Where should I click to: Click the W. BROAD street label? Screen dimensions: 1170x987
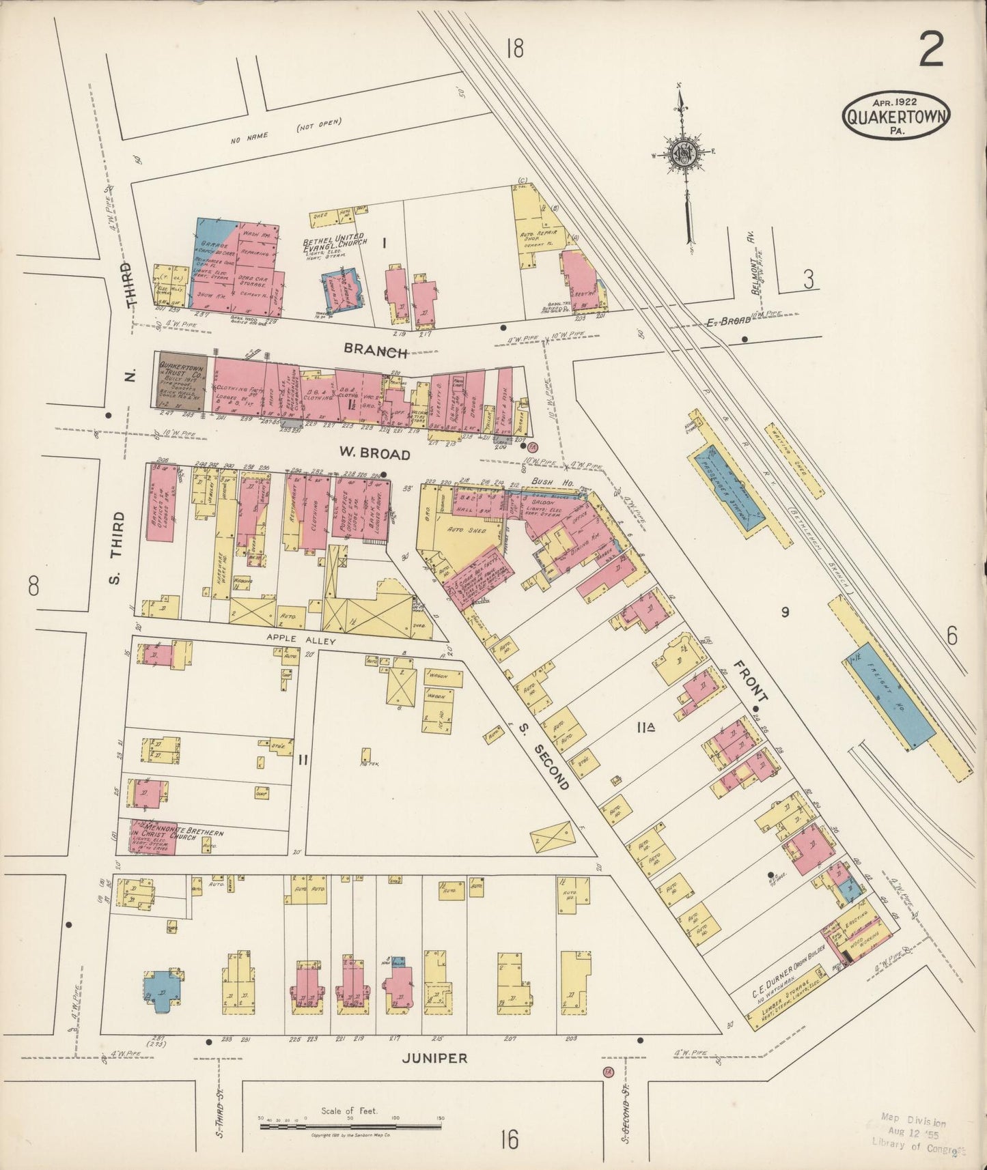[x=375, y=454]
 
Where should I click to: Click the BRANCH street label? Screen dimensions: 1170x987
[x=376, y=352]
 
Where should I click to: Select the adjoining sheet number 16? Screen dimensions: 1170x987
[x=508, y=1139]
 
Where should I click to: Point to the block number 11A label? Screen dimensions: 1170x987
[x=646, y=729]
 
